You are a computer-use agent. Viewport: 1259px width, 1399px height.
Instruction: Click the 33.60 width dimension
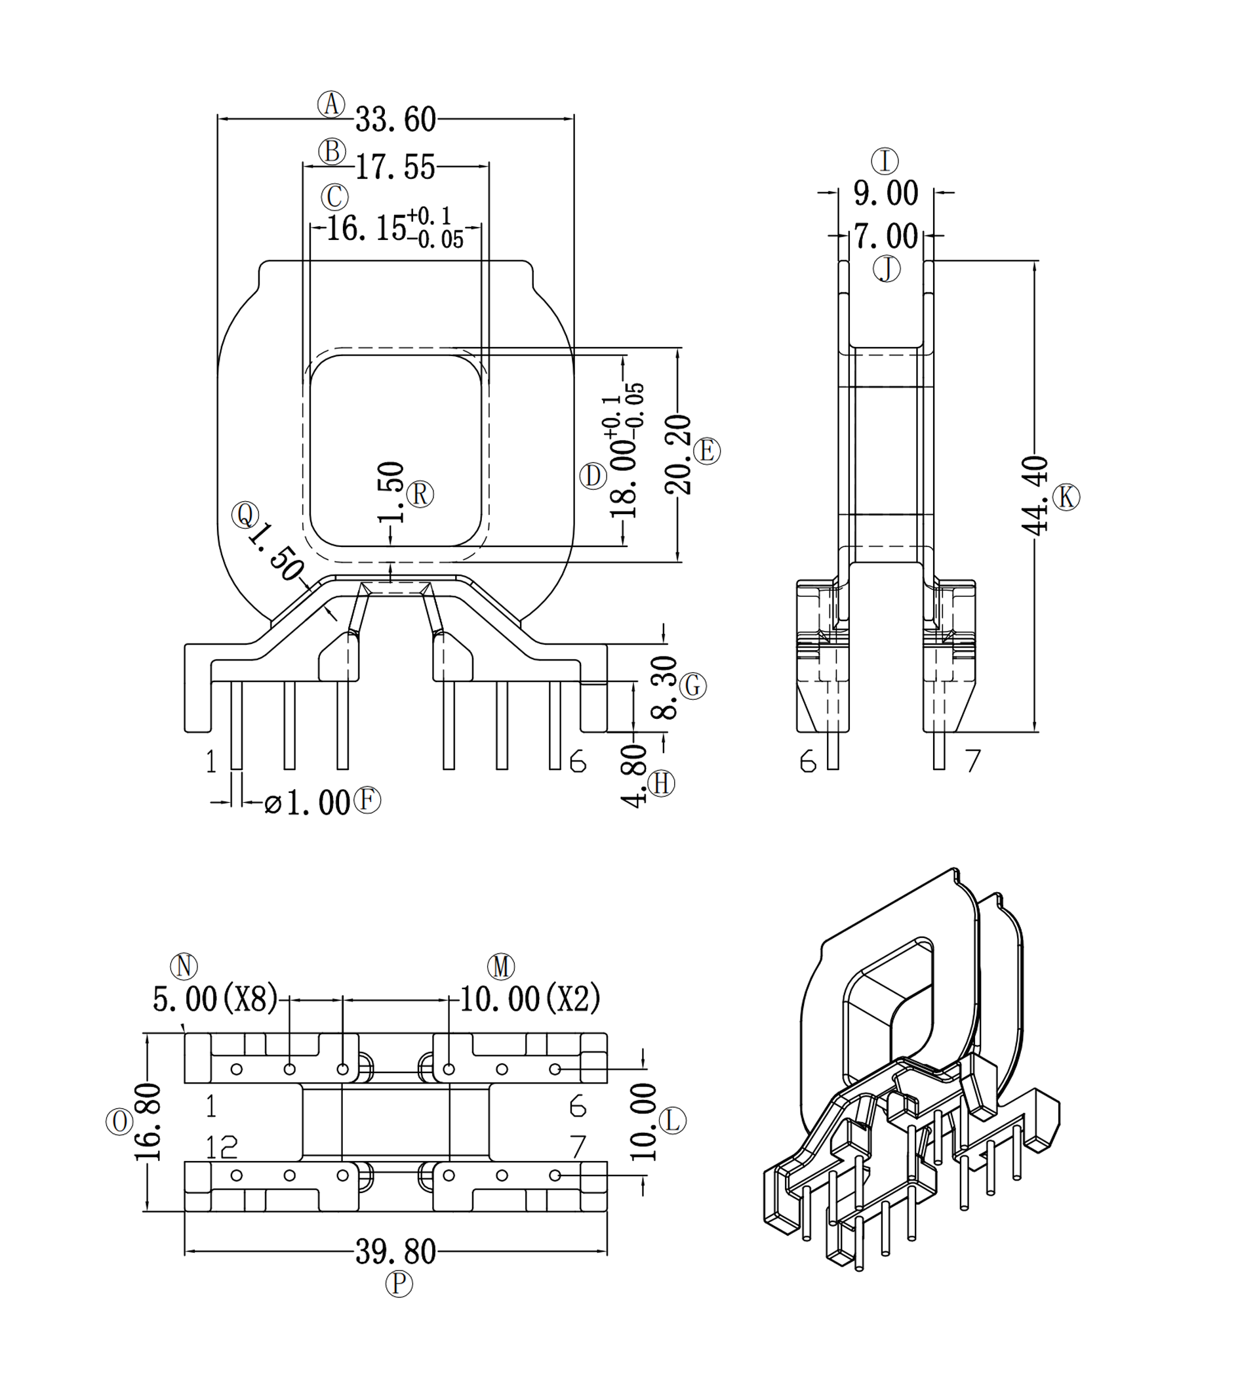(395, 119)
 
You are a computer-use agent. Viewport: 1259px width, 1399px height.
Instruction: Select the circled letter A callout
(331, 104)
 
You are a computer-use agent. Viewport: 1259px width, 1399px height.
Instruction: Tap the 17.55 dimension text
(395, 167)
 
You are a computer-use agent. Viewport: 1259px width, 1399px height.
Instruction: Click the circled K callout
(1066, 497)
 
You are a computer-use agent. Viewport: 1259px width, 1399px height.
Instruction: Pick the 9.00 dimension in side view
(885, 193)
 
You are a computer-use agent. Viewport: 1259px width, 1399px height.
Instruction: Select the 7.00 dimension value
(885, 237)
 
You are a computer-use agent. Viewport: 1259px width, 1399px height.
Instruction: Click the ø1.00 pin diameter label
(307, 803)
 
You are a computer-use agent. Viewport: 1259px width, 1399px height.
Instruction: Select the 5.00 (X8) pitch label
(214, 1000)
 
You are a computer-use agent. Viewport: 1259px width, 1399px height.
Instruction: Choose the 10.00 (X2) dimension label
(530, 1000)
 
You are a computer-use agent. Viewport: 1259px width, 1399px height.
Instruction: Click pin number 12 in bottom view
(222, 1147)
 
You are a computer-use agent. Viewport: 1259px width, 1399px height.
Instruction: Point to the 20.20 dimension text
(678, 454)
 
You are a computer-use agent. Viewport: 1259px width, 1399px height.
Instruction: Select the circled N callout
(184, 966)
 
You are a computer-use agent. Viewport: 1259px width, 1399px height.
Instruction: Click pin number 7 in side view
(973, 761)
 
